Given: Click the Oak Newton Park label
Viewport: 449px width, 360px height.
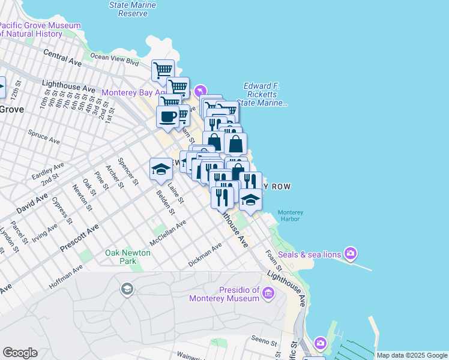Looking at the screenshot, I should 128,257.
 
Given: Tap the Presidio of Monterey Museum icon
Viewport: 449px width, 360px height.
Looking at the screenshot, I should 268,293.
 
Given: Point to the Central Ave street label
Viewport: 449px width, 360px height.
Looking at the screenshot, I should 62,58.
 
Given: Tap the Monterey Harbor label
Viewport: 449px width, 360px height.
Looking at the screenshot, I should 290,215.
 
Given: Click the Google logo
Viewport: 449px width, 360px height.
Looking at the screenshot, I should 20,353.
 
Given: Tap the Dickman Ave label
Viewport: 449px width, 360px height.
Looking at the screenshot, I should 205,254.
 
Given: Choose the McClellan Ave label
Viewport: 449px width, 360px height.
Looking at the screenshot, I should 167,230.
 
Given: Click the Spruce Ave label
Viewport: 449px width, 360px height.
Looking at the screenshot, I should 44,136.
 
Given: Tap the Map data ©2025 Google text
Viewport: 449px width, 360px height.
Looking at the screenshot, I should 412,355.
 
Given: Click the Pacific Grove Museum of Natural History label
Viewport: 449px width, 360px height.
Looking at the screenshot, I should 40,30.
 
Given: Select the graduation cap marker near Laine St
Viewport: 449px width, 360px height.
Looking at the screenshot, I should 161,169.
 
